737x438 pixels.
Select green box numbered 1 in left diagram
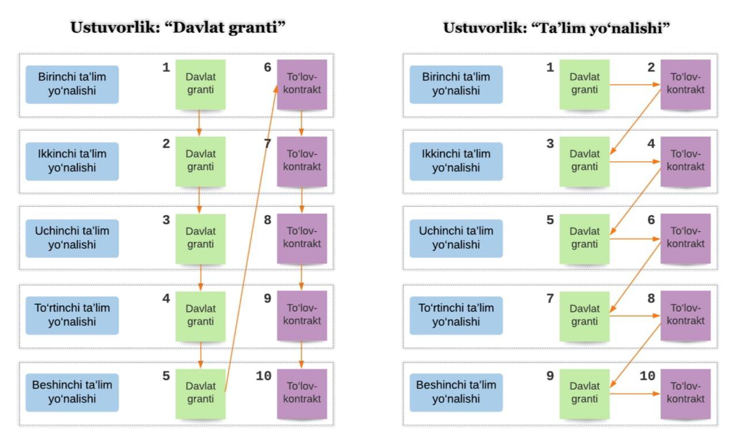click(200, 84)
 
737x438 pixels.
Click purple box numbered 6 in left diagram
click(302, 84)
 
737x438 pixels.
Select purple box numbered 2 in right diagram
click(685, 84)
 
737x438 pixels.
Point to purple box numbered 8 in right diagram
click(685, 315)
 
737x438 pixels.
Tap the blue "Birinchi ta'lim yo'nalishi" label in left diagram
click(72, 84)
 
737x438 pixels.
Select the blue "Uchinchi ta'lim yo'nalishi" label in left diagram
click(72, 238)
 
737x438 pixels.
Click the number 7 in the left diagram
click(267, 144)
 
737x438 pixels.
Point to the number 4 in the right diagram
click(651, 144)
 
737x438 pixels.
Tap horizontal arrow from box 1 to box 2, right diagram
click(634, 85)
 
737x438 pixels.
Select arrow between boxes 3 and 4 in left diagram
click(201, 277)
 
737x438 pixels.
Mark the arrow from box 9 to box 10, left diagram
click(301, 354)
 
